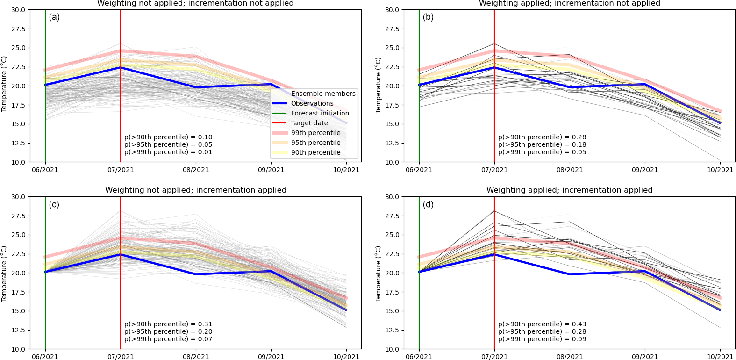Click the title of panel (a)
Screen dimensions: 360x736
point(195,4)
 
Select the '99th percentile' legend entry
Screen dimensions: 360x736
point(315,133)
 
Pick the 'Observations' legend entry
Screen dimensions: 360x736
point(312,103)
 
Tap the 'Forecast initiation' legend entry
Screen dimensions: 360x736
point(320,113)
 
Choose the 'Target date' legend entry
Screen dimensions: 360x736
point(309,123)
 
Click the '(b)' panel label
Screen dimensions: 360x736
point(428,17)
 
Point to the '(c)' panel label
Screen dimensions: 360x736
point(54,204)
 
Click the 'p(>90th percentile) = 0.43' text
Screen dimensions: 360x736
point(542,324)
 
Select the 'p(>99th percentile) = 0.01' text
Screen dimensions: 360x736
point(168,152)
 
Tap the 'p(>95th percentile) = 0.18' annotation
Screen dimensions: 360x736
point(542,144)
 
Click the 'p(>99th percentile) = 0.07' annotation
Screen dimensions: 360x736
point(168,339)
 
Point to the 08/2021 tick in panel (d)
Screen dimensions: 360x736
point(570,357)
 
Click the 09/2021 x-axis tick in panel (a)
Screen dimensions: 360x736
point(271,170)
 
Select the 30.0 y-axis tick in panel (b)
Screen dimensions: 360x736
point(392,10)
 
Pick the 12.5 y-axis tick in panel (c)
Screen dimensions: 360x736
point(18,330)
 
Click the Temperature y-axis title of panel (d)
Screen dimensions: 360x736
point(379,273)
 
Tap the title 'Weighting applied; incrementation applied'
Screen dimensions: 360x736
point(569,190)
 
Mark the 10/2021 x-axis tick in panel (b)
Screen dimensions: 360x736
point(720,170)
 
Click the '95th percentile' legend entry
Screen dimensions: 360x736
point(315,143)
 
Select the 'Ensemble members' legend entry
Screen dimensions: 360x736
point(323,94)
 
